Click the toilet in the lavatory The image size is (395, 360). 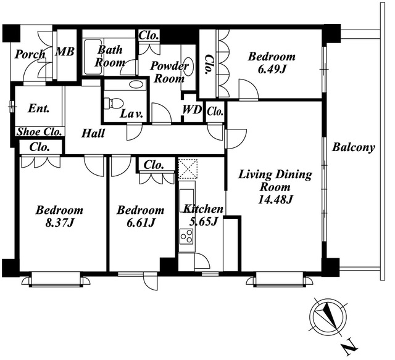pyautogui.click(x=114, y=103)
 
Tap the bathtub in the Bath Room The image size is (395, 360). pyautogui.click(x=93, y=57)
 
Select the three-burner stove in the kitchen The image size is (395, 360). pyautogui.click(x=186, y=237)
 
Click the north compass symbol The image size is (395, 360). pyautogui.click(x=327, y=316)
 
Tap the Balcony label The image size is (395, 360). pyautogui.click(x=354, y=148)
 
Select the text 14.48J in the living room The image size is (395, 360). pyautogui.click(x=275, y=200)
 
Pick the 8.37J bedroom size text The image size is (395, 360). pyautogui.click(x=59, y=223)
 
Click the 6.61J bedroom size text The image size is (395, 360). pyautogui.click(x=140, y=223)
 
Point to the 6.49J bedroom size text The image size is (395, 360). pyautogui.click(x=272, y=69)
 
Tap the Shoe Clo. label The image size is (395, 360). pyautogui.click(x=39, y=131)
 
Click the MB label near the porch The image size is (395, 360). pyautogui.click(x=65, y=52)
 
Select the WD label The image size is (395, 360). pyautogui.click(x=193, y=110)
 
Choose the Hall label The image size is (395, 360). pyautogui.click(x=93, y=133)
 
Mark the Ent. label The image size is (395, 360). pyautogui.click(x=38, y=108)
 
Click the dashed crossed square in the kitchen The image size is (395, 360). pyautogui.click(x=188, y=168)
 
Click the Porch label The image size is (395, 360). pyautogui.click(x=30, y=54)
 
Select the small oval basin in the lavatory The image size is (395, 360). pyautogui.click(x=136, y=84)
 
